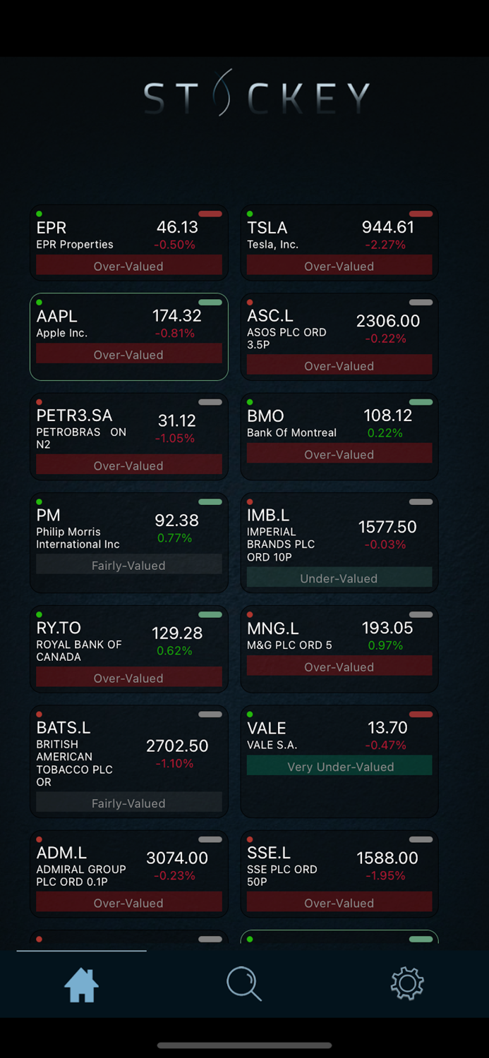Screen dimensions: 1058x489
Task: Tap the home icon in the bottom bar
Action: (81, 985)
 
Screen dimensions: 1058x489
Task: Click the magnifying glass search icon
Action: (244, 983)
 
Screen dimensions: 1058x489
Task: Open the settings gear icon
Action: (407, 983)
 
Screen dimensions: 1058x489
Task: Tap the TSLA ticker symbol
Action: (267, 228)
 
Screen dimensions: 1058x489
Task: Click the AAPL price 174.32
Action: (176, 315)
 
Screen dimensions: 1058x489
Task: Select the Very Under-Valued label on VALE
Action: (339, 767)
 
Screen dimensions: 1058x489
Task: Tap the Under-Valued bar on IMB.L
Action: (339, 578)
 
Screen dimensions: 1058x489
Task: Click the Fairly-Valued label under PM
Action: (128, 566)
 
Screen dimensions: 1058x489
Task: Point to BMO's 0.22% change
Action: (385, 433)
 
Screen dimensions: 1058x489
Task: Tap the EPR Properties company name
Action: (75, 245)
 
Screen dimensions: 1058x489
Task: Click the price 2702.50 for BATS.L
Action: (177, 746)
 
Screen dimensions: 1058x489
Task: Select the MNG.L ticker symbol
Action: (273, 628)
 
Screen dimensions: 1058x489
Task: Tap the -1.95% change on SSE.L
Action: (385, 875)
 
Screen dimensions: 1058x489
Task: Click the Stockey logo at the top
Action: (256, 95)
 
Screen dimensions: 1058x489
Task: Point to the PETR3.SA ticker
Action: (74, 415)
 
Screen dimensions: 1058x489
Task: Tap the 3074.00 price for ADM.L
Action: (177, 858)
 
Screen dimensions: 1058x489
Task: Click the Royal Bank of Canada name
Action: (79, 650)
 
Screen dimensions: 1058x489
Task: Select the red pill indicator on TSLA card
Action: (421, 214)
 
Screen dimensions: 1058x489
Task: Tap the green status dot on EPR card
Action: (40, 214)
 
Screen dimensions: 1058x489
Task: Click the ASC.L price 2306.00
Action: (388, 321)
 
